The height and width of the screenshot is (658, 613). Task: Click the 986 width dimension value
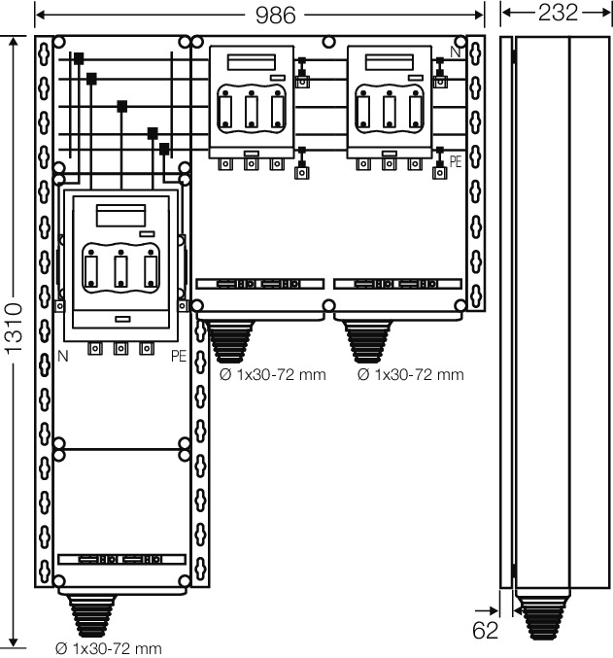click(x=275, y=16)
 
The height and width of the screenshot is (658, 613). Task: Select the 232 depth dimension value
click(x=558, y=13)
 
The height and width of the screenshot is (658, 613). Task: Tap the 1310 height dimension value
click(x=15, y=329)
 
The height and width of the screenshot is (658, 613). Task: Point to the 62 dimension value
click(x=486, y=630)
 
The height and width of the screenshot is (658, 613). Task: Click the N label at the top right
click(x=456, y=52)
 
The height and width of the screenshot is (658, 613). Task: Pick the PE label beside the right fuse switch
click(x=456, y=161)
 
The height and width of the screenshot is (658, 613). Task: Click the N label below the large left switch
click(x=62, y=357)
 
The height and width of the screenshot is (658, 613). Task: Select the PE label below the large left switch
click(x=179, y=357)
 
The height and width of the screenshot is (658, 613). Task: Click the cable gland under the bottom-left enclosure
click(x=91, y=615)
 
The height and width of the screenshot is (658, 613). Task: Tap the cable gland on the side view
click(x=542, y=617)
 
